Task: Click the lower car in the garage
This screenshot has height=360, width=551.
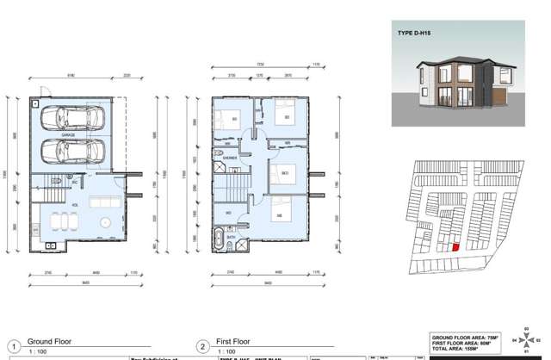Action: [x=72, y=152]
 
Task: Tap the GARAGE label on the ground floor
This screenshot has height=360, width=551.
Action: [x=68, y=135]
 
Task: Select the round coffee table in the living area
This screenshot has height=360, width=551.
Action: [x=106, y=222]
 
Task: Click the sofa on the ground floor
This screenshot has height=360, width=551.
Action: [x=105, y=202]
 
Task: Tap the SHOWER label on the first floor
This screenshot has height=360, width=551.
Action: [x=230, y=158]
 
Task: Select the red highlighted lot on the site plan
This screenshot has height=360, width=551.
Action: [x=455, y=247]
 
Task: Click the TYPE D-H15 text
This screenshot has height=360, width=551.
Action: [x=414, y=33]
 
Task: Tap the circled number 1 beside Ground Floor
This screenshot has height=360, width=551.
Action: [x=14, y=346]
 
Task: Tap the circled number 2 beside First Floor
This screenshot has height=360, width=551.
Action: [x=202, y=346]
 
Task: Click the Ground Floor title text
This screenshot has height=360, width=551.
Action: [x=49, y=342]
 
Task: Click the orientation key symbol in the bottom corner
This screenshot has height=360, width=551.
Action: [x=525, y=339]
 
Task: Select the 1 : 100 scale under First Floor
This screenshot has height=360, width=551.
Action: [x=226, y=352]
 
